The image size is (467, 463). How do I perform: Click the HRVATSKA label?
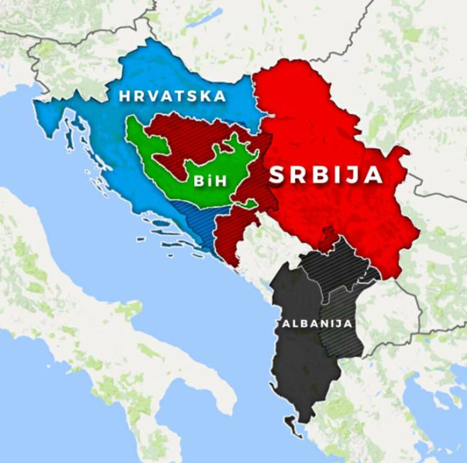point(172,97)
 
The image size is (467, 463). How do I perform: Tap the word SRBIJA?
point(326,175)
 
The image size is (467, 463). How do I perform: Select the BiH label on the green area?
point(210,181)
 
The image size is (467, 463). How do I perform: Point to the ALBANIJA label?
point(316,324)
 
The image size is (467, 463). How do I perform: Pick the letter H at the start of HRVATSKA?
point(124,97)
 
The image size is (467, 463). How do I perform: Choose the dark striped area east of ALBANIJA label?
point(343,322)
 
